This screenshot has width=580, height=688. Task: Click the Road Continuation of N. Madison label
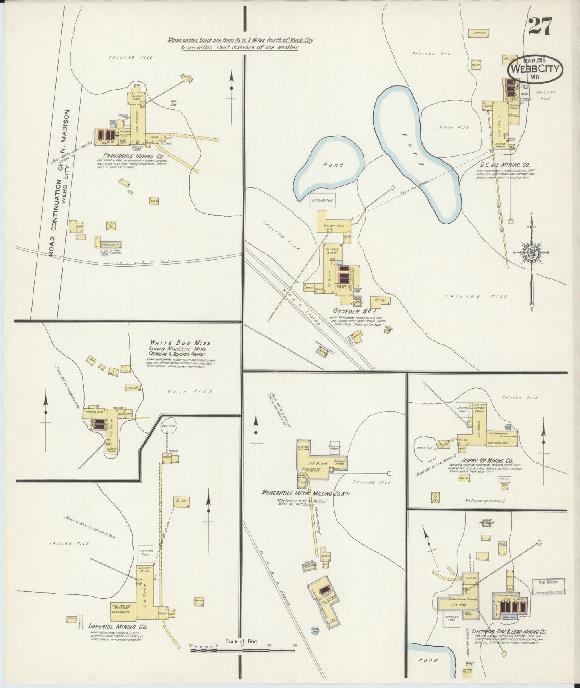[x=55, y=183]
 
